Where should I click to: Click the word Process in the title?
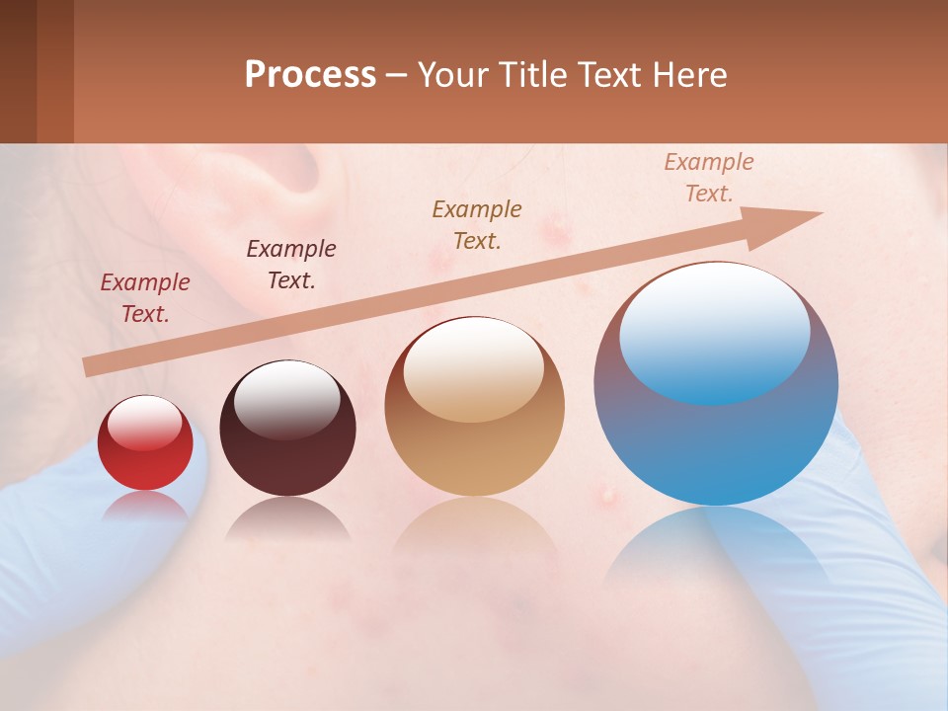[x=310, y=75]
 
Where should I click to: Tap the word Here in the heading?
[x=691, y=75]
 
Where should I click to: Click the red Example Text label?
[x=145, y=298]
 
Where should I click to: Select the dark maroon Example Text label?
[x=291, y=265]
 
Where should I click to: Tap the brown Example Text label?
[x=477, y=225]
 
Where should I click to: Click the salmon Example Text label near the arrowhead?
[x=709, y=178]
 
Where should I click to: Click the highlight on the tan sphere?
[x=474, y=368]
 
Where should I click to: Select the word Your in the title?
[x=450, y=75]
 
